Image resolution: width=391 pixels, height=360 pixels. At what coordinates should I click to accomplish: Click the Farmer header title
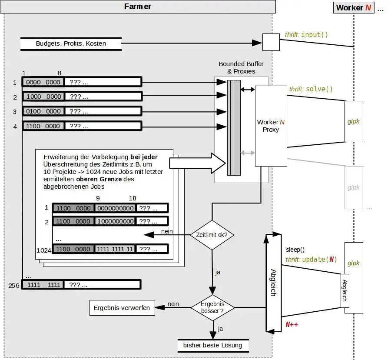pyautogui.click(x=138, y=7)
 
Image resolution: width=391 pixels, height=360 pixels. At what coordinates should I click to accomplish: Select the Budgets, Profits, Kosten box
pyautogui.click(x=70, y=43)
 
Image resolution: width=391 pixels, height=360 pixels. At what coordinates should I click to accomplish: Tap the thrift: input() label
pyautogui.click(x=306, y=34)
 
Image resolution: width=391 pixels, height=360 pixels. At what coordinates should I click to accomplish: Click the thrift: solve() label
pyautogui.click(x=311, y=89)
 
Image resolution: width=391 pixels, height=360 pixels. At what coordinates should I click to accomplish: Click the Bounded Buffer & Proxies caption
pyautogui.click(x=241, y=67)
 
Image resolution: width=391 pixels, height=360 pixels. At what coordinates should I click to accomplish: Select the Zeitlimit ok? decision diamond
pyautogui.click(x=212, y=235)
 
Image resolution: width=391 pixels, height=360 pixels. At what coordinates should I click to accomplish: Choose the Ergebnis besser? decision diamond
pyautogui.click(x=212, y=307)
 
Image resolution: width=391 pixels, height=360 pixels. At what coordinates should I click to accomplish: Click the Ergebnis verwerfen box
pyautogui.click(x=122, y=308)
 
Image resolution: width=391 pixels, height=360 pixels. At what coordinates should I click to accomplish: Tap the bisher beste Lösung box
pyautogui.click(x=212, y=345)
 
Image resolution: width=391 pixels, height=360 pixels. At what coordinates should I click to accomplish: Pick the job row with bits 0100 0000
pyautogui.click(x=82, y=111)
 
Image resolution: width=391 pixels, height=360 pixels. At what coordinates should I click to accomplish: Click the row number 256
pyautogui.click(x=14, y=285)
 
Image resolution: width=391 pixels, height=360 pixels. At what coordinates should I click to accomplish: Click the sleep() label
pyautogui.click(x=295, y=250)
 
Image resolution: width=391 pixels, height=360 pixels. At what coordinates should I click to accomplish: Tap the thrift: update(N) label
pyautogui.click(x=311, y=260)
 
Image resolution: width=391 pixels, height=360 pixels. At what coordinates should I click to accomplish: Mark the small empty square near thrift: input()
pyautogui.click(x=271, y=43)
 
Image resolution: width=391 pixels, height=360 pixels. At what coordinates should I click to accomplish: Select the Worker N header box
pyautogui.click(x=354, y=7)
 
